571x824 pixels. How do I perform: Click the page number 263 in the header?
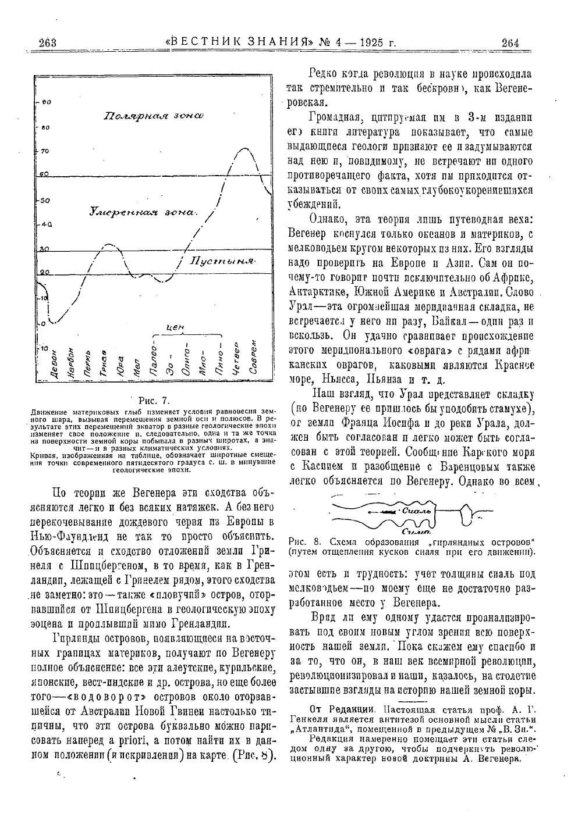tap(46, 43)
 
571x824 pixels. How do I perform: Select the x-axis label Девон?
tap(54, 365)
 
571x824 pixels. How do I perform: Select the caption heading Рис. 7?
tap(153, 400)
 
